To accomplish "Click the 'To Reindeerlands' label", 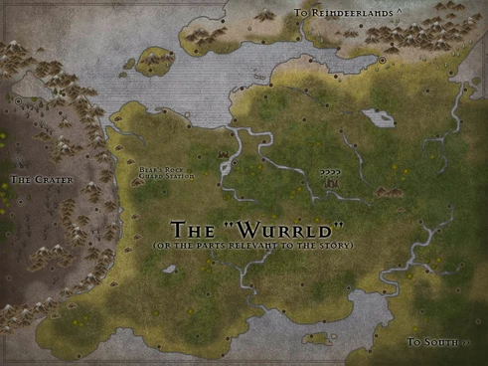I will pyautogui.click(x=343, y=13).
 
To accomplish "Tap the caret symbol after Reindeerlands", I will pyautogui.click(x=399, y=12).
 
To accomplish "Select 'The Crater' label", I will pyautogui.click(x=35, y=180).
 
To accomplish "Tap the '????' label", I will pyautogui.click(x=330, y=172).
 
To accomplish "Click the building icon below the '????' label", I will pyautogui.click(x=330, y=182).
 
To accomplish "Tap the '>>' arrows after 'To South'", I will pyautogui.click(x=464, y=342).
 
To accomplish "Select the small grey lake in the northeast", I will pyautogui.click(x=378, y=117).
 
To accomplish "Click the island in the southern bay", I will pyautogui.click(x=316, y=340).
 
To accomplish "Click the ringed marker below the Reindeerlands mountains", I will pyautogui.click(x=383, y=61).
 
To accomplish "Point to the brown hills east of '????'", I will pyautogui.click(x=388, y=192).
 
